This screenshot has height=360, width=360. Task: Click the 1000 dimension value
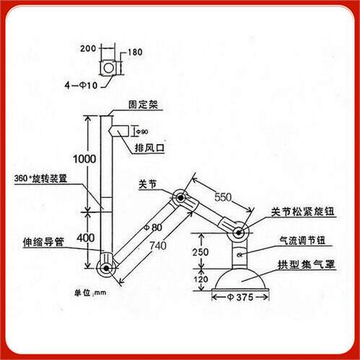pyautogui.click(x=84, y=159)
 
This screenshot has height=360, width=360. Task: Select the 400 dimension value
pyautogui.click(x=86, y=238)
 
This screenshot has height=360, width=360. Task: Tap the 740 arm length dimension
pyautogui.click(x=158, y=246)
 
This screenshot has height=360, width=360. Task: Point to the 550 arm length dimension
pyautogui.click(x=223, y=197)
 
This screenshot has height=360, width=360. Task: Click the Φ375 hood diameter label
pyautogui.click(x=240, y=297)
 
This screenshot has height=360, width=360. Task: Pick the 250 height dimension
pyautogui.click(x=200, y=252)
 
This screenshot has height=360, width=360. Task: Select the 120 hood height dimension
pyautogui.click(x=201, y=279)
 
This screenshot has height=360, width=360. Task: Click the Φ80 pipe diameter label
pyautogui.click(x=153, y=228)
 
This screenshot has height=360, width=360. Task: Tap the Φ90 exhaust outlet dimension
pyautogui.click(x=142, y=132)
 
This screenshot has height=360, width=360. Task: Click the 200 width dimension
pyautogui.click(x=88, y=48)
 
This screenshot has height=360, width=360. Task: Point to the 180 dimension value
pyautogui.click(x=135, y=52)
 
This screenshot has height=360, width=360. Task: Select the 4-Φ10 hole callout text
pyautogui.click(x=81, y=85)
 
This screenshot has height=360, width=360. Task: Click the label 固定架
pyautogui.click(x=143, y=104)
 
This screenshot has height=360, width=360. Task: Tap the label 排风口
pyautogui.click(x=150, y=148)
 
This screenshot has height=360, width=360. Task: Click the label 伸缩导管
pyautogui.click(x=43, y=242)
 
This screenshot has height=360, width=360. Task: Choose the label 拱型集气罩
pyautogui.click(x=306, y=264)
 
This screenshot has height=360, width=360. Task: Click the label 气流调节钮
pyautogui.click(x=302, y=240)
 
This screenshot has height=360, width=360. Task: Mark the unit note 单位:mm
pyautogui.click(x=90, y=293)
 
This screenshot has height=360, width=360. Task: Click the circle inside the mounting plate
pyautogui.click(x=109, y=68)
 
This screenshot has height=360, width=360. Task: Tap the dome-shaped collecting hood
pyautogui.click(x=240, y=280)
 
